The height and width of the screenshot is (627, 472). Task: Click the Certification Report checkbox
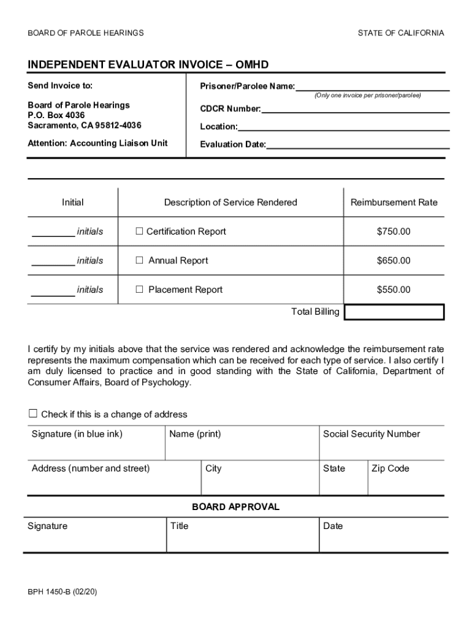(139, 231)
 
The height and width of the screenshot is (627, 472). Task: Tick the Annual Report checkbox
(139, 261)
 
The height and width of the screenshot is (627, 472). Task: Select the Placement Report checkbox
(139, 290)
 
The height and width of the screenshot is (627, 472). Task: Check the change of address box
(33, 414)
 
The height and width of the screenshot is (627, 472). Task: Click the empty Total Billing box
(394, 312)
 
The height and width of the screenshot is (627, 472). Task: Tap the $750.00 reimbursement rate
(394, 231)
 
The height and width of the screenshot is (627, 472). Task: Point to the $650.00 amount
(394, 261)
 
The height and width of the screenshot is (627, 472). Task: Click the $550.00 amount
(394, 290)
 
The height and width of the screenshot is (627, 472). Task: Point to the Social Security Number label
(371, 434)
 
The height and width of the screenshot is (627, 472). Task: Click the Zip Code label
(390, 468)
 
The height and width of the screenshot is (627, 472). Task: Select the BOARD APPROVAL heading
(235, 507)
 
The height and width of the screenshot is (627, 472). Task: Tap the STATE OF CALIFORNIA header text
(401, 33)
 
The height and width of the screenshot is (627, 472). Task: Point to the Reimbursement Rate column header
(394, 203)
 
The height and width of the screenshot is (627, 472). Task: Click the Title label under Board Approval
(179, 526)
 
